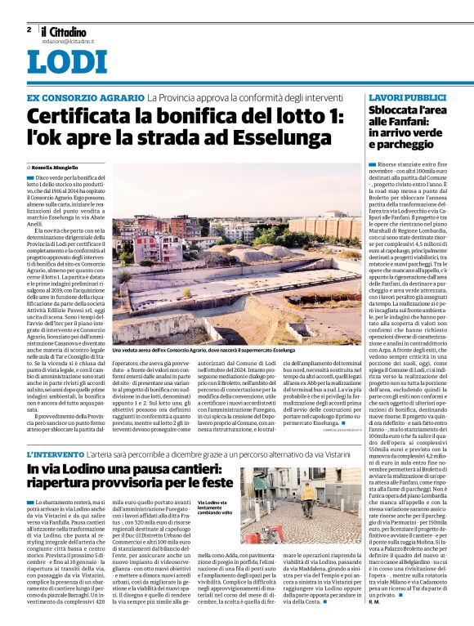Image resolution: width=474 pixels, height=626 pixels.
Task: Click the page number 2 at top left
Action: click(x=29, y=29)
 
